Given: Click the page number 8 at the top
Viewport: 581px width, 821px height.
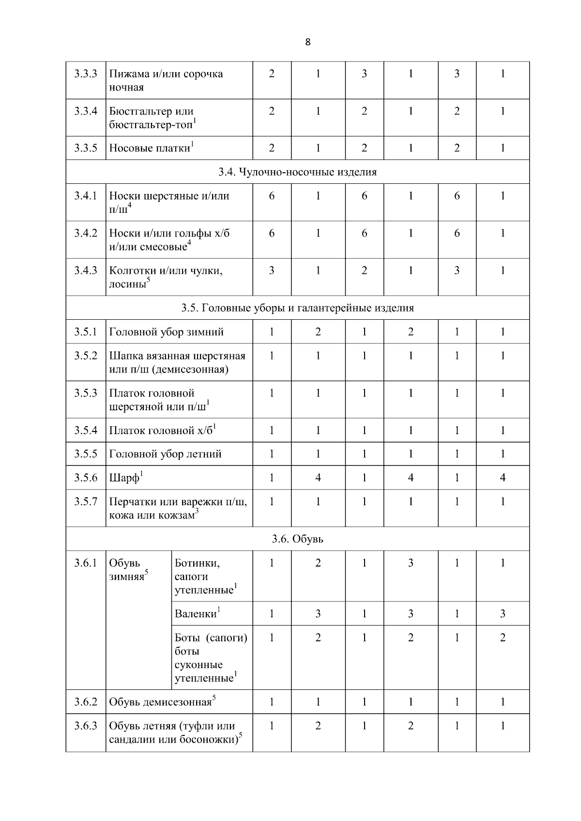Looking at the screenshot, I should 308,42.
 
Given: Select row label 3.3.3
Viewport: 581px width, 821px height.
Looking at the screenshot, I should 86,74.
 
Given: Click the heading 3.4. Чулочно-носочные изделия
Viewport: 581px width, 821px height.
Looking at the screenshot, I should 297,172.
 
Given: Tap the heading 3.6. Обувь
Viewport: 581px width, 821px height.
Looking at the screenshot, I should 297,539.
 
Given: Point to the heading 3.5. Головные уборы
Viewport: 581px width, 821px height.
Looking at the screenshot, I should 297,308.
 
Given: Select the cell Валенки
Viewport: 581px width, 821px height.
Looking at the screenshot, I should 195,614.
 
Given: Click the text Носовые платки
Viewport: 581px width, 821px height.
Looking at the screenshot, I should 150,149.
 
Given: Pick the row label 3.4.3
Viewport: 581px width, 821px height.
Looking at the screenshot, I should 86,270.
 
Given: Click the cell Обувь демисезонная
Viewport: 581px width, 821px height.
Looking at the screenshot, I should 160,702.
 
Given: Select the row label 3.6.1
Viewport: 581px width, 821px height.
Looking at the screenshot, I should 86,563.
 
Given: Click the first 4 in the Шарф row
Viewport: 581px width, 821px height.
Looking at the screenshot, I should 318,478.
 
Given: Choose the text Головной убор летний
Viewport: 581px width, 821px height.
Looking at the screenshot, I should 165,454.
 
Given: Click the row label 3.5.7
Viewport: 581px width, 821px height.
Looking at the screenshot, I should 86,502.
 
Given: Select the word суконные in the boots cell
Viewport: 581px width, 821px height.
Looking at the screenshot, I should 199,665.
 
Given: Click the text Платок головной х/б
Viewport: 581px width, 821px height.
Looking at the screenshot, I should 161,431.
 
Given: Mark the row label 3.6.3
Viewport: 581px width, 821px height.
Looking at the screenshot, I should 86,726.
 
